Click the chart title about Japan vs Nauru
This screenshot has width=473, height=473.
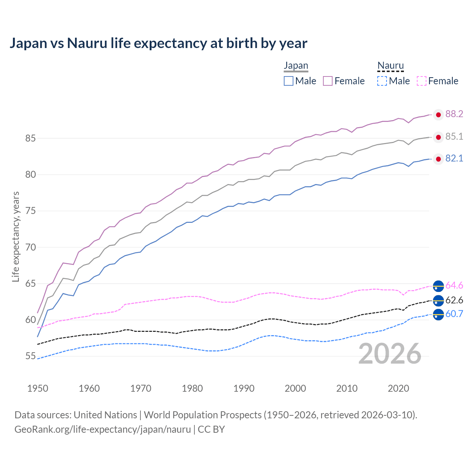click(x=158, y=43)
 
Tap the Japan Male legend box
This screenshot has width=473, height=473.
click(x=289, y=81)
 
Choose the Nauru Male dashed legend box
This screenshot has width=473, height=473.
click(x=382, y=81)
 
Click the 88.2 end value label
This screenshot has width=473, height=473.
click(x=454, y=114)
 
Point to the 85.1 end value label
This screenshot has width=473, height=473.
click(x=454, y=137)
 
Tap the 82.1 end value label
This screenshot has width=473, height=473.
click(x=454, y=159)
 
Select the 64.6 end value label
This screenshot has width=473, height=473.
click(x=454, y=286)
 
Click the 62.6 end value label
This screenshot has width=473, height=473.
click(x=454, y=300)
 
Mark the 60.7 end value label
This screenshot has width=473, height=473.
click(x=454, y=314)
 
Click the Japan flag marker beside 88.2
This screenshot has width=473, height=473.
click(x=438, y=115)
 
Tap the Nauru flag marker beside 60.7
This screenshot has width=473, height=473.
click(x=438, y=315)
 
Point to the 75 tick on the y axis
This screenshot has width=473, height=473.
click(x=30, y=211)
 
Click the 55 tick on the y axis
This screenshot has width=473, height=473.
click(x=30, y=356)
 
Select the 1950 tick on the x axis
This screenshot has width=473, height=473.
click(x=38, y=388)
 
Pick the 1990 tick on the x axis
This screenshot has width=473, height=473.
click(x=244, y=388)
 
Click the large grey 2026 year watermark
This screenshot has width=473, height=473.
click(x=390, y=354)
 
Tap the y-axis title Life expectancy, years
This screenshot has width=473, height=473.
click(x=16, y=236)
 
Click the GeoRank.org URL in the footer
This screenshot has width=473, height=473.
click(x=103, y=429)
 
